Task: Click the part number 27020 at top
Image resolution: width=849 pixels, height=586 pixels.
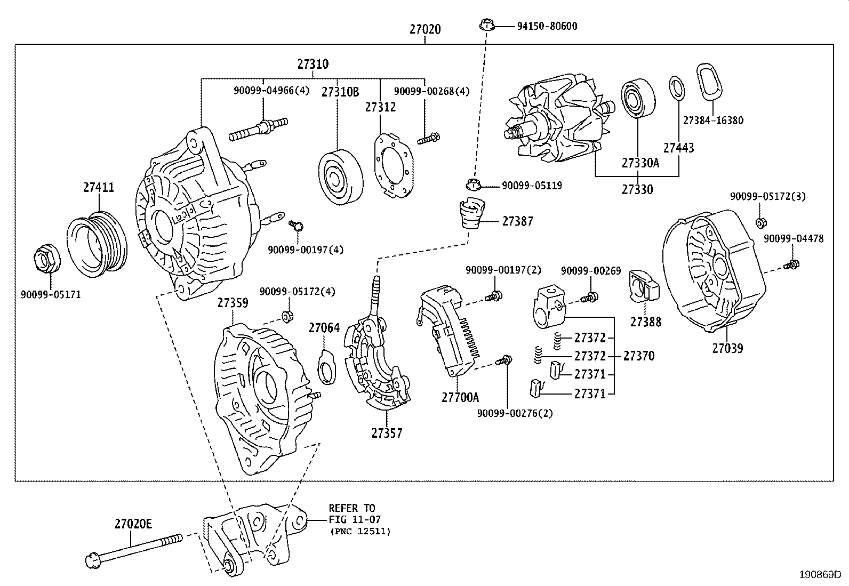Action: point(425,29)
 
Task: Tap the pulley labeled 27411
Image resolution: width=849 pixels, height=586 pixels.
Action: point(99,245)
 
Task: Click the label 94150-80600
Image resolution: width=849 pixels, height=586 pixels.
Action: point(547,26)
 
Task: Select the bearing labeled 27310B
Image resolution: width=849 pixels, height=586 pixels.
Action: point(340,178)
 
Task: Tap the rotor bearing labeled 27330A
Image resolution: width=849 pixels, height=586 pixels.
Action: point(638,98)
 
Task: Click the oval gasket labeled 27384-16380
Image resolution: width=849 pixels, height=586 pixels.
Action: point(711,83)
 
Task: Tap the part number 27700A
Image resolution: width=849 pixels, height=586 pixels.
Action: point(460,397)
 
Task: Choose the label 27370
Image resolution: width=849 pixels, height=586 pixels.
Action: point(638,356)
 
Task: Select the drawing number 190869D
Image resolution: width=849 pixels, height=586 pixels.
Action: point(819,575)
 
